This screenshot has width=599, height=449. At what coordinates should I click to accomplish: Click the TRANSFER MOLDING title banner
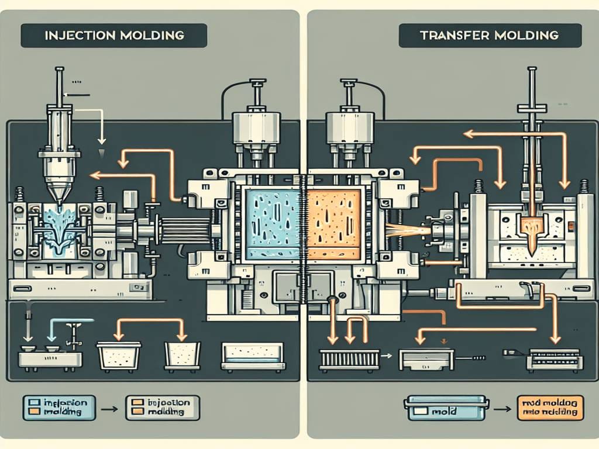(x=489, y=35)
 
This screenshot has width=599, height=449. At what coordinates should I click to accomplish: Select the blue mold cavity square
(x=272, y=224)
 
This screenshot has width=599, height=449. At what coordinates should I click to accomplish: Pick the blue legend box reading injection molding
(x=59, y=407)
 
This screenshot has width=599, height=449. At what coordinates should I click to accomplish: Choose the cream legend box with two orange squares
(x=163, y=407)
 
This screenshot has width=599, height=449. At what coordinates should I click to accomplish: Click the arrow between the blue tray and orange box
(x=502, y=408)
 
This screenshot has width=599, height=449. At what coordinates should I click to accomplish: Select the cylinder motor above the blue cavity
(x=256, y=126)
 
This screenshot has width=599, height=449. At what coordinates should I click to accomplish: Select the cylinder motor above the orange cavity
(x=349, y=126)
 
